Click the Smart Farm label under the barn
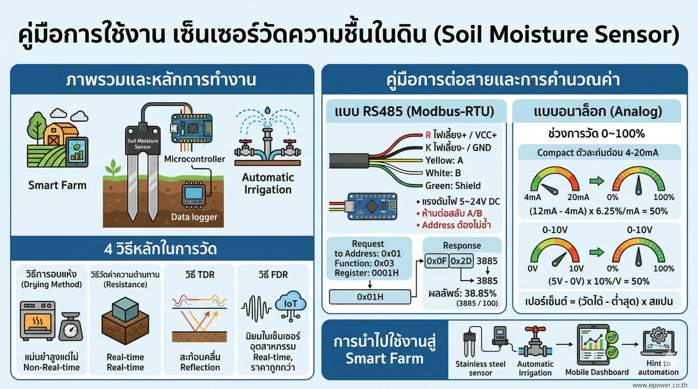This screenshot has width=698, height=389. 57,185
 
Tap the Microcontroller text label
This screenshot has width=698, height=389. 194,159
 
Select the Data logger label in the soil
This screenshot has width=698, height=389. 194,217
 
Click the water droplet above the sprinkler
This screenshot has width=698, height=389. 268,110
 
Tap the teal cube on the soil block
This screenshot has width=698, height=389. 126,309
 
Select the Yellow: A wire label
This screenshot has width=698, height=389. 444,160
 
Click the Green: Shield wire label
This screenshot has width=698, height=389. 453,186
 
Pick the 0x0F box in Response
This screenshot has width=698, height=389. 436,261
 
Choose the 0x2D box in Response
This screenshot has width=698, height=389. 461,261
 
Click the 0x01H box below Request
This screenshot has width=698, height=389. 370,297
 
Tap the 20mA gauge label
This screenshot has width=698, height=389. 578,197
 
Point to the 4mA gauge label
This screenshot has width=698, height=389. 532,197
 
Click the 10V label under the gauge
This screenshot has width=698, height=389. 576,268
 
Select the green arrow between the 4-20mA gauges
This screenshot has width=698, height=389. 597,181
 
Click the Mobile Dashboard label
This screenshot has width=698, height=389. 597,372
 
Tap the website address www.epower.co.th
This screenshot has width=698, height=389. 659,385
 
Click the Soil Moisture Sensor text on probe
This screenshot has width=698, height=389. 143,143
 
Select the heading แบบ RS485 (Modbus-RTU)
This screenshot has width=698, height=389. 414,111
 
